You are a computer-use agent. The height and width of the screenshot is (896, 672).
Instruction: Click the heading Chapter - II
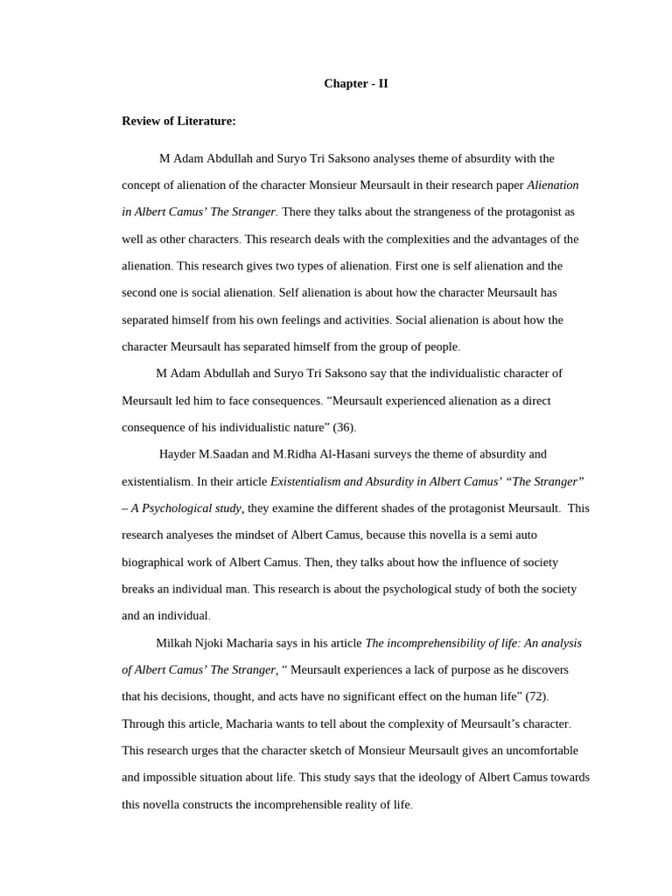click(x=355, y=84)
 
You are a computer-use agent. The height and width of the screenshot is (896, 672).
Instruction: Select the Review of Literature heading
click(x=178, y=121)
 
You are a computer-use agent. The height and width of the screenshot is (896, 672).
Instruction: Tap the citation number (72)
click(x=535, y=696)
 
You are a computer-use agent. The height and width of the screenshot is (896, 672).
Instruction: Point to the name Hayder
click(x=178, y=454)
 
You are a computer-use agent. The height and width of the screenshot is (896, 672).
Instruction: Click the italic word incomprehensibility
click(x=434, y=643)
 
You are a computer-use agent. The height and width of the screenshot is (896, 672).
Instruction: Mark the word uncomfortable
click(x=535, y=751)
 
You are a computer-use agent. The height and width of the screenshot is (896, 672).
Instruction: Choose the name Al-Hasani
click(x=337, y=454)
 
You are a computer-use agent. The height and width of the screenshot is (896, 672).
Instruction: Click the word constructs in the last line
click(x=208, y=804)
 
